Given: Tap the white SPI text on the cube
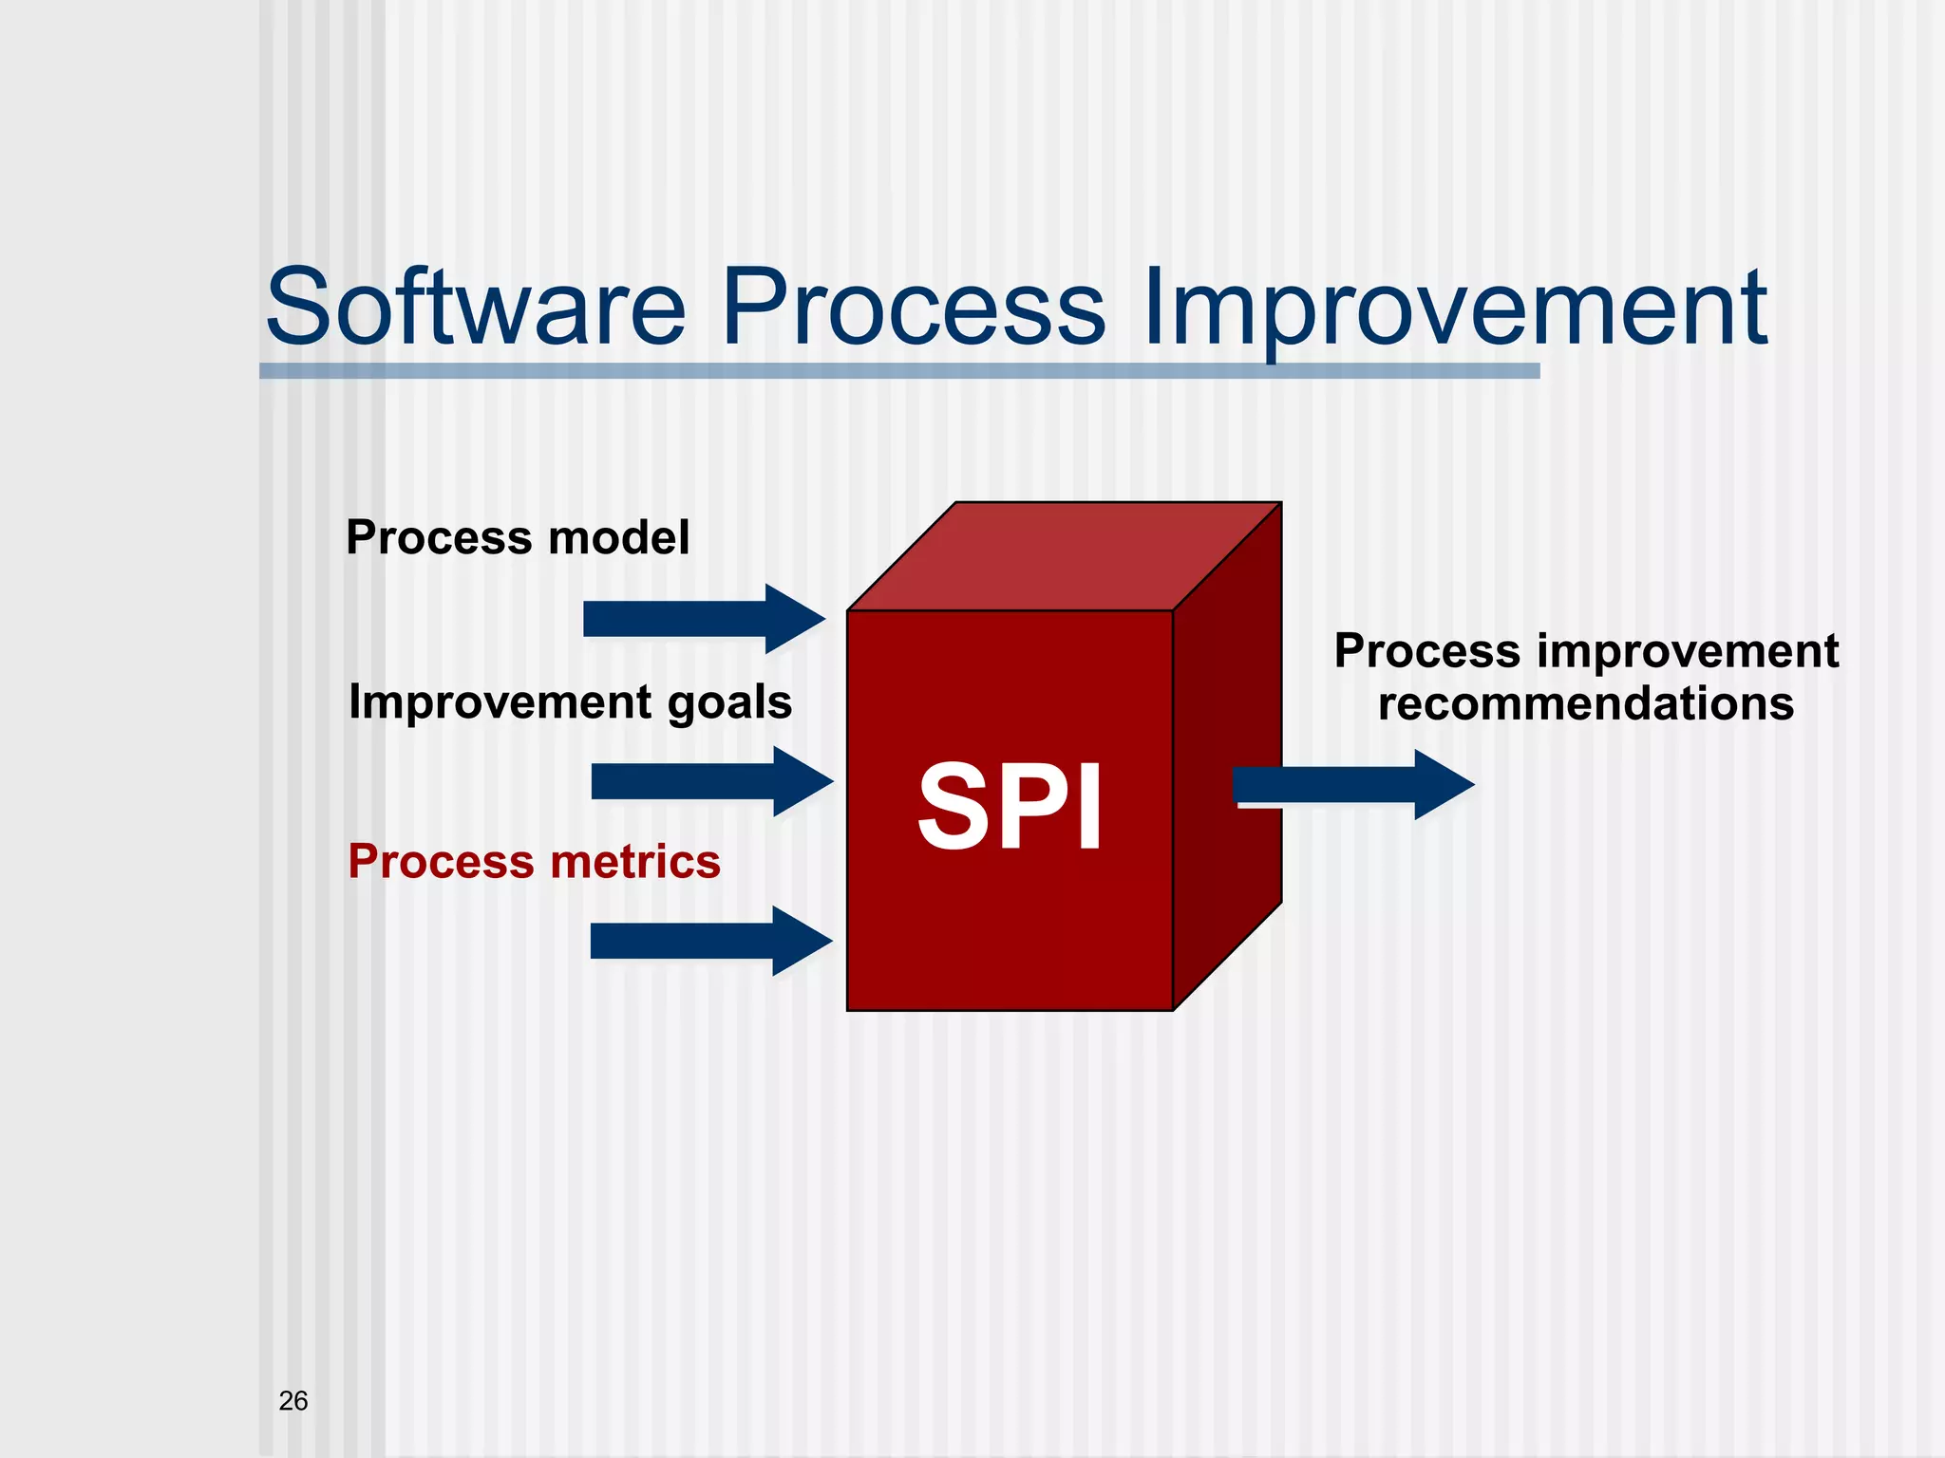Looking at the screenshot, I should click(x=1010, y=808).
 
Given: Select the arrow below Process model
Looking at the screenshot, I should click(x=703, y=619).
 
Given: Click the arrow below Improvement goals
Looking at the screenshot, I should click(x=710, y=781).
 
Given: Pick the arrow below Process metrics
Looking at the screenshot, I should click(x=710, y=941).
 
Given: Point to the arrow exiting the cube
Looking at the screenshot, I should click(x=1349, y=785).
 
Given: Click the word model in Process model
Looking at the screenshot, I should click(x=618, y=537).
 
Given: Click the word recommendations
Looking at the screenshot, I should click(x=1586, y=704).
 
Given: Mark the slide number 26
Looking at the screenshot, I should click(x=293, y=1400).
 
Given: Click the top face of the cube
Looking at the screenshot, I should click(x=1064, y=557).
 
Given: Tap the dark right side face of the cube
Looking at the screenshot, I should click(x=1227, y=759).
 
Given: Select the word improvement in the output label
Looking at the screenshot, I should click(x=1687, y=652).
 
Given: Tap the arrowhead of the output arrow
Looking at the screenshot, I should click(x=1442, y=785).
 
